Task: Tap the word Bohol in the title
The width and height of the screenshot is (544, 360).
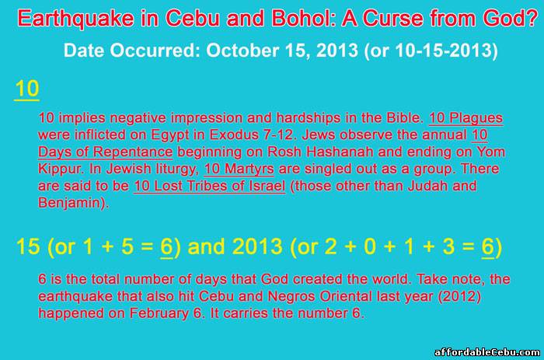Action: click(x=302, y=18)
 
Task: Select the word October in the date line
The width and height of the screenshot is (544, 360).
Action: click(x=242, y=51)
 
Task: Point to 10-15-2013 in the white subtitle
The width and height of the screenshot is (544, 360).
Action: click(x=443, y=51)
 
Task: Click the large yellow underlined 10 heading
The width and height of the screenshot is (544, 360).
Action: click(x=26, y=89)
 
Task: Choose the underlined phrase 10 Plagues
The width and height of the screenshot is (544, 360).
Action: click(x=466, y=118)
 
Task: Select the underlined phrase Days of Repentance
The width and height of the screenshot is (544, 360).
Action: click(x=106, y=152)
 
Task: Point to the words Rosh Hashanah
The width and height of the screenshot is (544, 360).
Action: click(x=320, y=152)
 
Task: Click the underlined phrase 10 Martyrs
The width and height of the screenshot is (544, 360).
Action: click(x=239, y=169)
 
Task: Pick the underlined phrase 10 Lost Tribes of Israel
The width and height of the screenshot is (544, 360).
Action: click(x=210, y=186)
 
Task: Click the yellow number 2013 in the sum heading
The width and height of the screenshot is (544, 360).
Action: click(x=257, y=246)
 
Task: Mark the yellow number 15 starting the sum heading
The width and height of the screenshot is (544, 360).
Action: click(x=28, y=246)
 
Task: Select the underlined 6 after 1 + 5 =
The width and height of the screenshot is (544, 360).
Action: click(x=166, y=247)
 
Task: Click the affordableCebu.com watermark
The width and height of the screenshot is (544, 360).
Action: click(x=487, y=352)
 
